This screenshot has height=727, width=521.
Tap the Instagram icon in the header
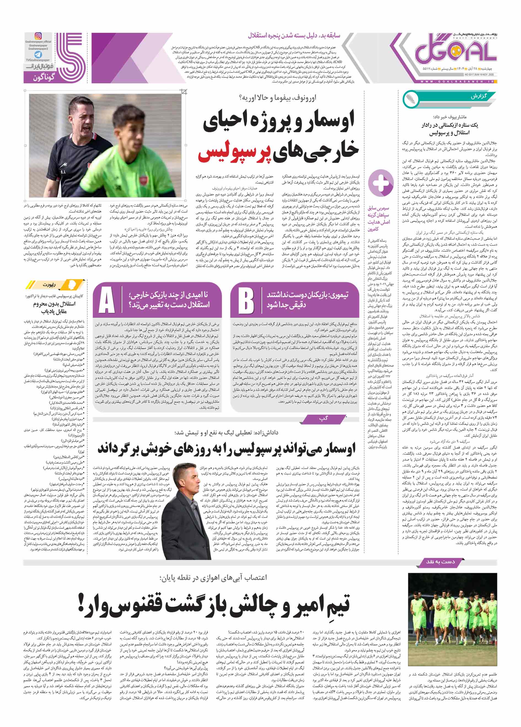pyautogui.click(x=38, y=36)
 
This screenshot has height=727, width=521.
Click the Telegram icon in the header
pyautogui.click(x=38, y=55)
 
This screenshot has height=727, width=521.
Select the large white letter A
pyautogui.click(x=107, y=300)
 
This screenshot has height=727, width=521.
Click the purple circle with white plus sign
pyautogui.click(x=380, y=183)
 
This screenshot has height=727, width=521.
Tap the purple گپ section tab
pyautogui.click(x=324, y=419)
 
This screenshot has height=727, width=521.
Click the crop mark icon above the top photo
pyautogui.click(x=184, y=92)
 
